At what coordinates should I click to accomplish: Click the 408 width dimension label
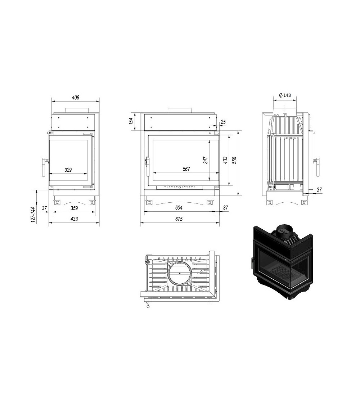pyautogui.click(x=75, y=97)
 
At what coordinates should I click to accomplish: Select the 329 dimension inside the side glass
pyautogui.click(x=68, y=170)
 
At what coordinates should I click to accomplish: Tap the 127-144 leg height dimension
pyautogui.click(x=33, y=215)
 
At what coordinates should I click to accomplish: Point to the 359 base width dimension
pyautogui.click(x=74, y=208)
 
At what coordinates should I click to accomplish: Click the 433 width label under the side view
pyautogui.click(x=74, y=219)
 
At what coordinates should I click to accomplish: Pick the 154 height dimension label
pyautogui.click(x=131, y=121)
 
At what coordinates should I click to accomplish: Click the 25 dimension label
pyautogui.click(x=224, y=122)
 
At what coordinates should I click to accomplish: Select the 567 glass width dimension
pyautogui.click(x=186, y=169)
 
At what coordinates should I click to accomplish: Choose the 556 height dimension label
pyautogui.click(x=234, y=161)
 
